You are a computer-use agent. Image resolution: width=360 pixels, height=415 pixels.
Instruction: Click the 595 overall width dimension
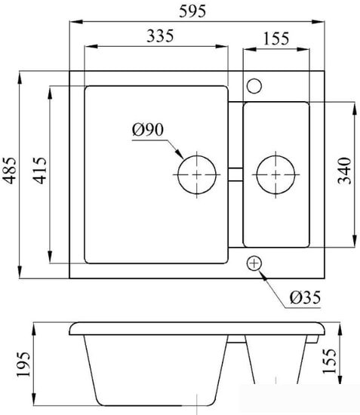tap(192, 11)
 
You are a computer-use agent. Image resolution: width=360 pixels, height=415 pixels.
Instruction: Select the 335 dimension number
tap(160, 36)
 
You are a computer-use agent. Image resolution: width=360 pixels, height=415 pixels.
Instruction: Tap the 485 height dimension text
tap(10, 171)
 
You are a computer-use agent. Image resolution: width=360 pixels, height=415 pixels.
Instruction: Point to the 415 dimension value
tap(40, 171)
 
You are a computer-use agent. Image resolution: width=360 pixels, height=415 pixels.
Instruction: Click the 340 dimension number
tap(345, 171)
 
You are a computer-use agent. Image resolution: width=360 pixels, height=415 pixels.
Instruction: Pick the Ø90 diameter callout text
tap(148, 130)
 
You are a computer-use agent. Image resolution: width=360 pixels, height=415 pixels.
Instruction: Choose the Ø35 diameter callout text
tap(305, 297)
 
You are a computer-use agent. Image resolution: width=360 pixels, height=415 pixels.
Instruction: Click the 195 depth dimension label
tap(24, 364)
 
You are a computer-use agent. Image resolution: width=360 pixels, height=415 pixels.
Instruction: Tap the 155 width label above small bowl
tap(276, 38)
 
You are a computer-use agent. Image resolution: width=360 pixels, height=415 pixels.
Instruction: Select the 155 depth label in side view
tap(330, 361)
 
